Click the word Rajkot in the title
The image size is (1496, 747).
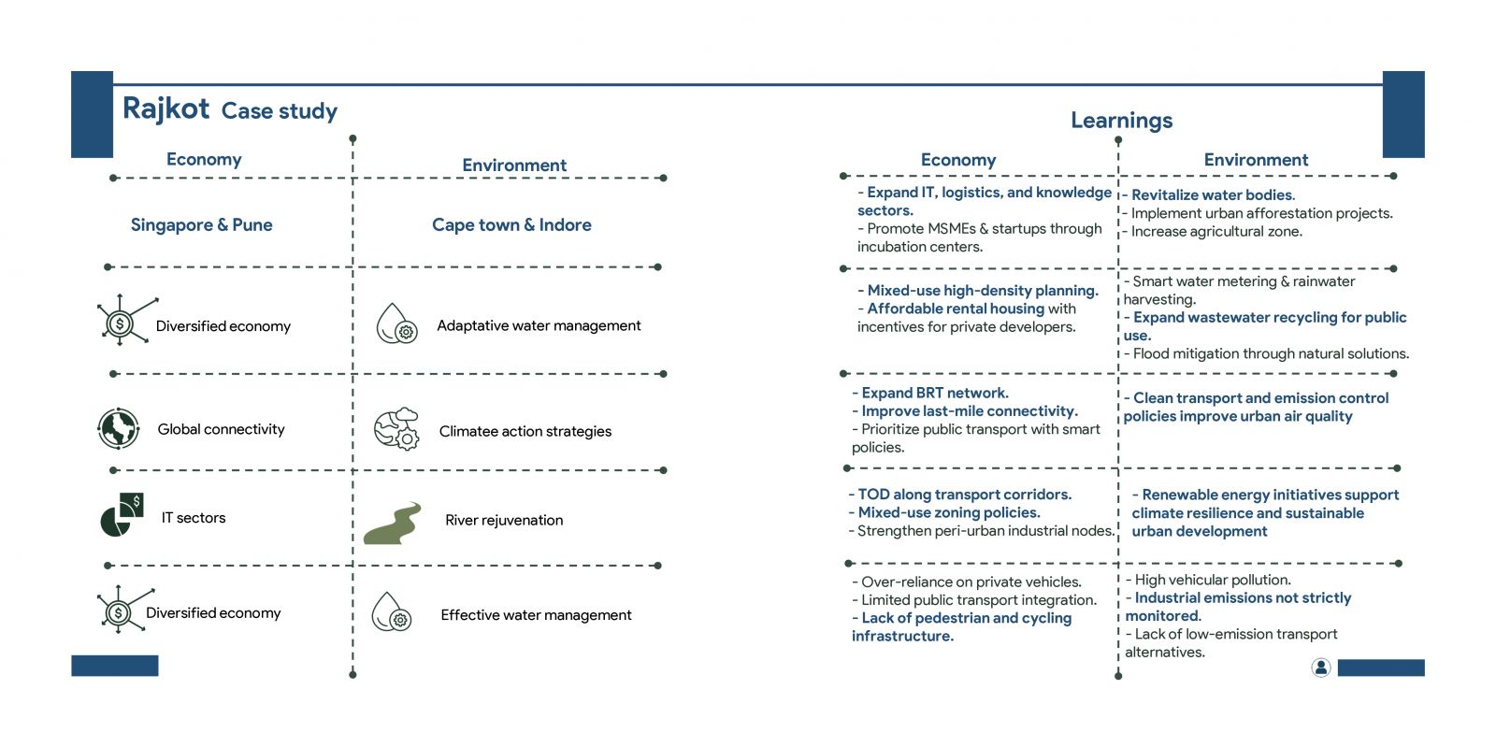(165, 108)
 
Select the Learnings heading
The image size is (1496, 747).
(1121, 121)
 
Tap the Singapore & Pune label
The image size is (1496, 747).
(202, 225)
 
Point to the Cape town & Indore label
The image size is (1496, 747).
(511, 225)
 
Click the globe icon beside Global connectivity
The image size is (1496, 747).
(118, 428)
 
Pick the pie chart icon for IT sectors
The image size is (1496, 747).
(122, 515)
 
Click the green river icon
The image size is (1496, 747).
(393, 524)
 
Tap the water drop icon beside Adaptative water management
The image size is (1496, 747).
(396, 323)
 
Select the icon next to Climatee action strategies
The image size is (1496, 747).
(396, 429)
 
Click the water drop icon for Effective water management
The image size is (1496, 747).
(392, 611)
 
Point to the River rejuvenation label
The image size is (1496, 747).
(504, 520)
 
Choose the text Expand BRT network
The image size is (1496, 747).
(935, 394)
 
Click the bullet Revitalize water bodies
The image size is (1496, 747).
(1213, 194)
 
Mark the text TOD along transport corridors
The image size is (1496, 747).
(964, 495)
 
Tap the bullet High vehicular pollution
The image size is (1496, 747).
(1213, 580)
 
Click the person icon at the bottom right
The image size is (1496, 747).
(1320, 668)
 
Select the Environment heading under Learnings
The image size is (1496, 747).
(1256, 160)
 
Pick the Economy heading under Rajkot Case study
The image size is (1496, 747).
(204, 160)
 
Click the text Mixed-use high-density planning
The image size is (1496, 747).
(983, 291)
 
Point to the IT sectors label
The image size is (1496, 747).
(194, 518)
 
